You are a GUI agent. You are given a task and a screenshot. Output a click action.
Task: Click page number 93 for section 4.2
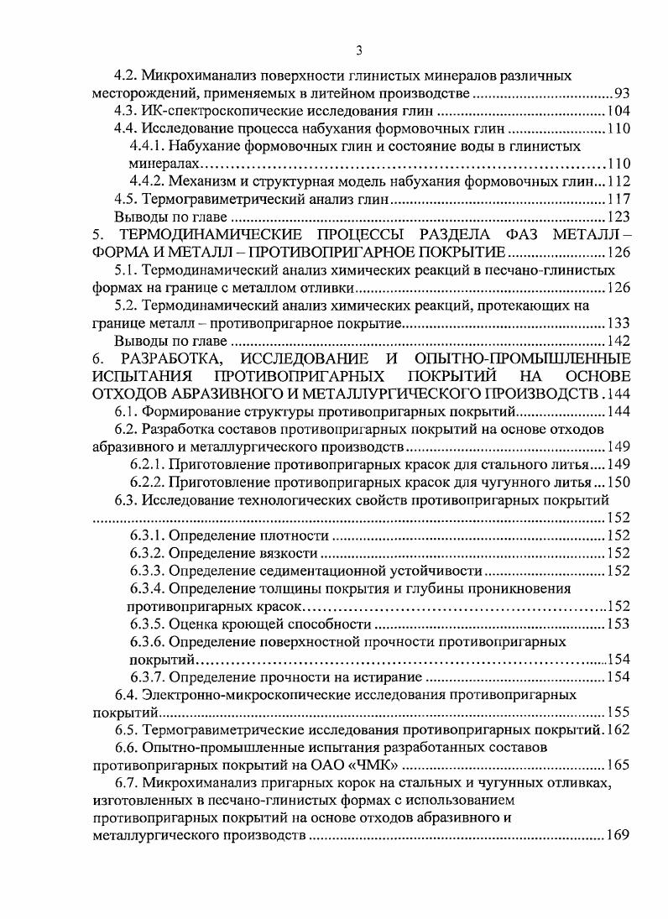pyautogui.click(x=622, y=93)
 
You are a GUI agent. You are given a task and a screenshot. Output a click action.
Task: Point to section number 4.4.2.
pyautogui.click(x=148, y=181)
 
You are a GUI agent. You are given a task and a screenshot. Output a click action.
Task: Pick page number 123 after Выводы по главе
pyautogui.click(x=618, y=217)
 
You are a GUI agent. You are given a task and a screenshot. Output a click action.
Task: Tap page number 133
pyautogui.click(x=618, y=323)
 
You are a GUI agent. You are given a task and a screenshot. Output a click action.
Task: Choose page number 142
pyautogui.click(x=618, y=341)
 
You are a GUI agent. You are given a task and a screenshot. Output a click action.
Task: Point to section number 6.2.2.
pyautogui.click(x=148, y=482)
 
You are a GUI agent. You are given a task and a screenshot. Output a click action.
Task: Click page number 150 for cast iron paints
pyautogui.click(x=618, y=482)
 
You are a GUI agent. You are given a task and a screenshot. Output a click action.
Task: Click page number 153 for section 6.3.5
pyautogui.click(x=618, y=624)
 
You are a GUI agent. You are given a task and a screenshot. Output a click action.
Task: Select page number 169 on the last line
pyautogui.click(x=618, y=836)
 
